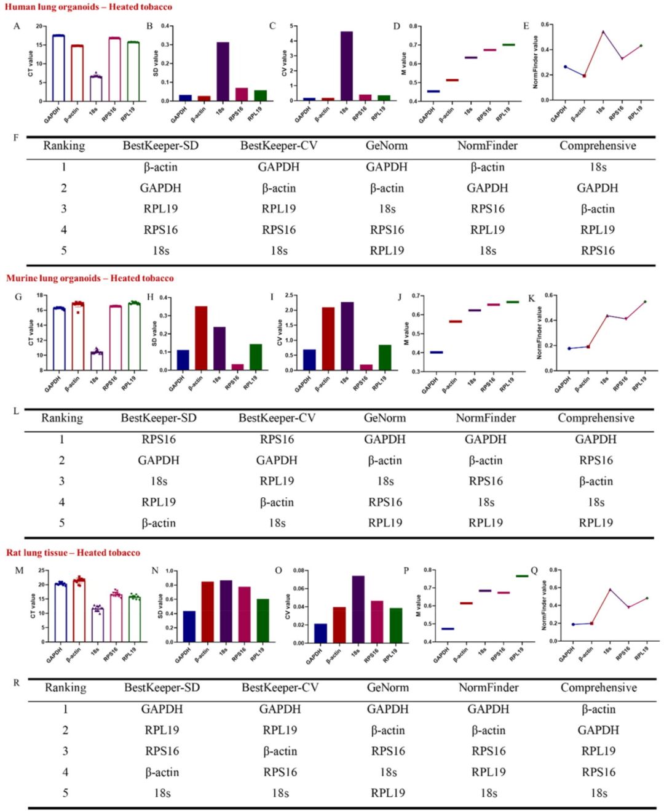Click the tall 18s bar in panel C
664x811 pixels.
point(347,66)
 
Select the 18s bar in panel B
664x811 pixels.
point(223,71)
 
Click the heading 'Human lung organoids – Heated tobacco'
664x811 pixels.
point(89,7)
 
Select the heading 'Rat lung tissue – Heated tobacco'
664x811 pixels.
point(73,553)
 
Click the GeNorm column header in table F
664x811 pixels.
point(387,146)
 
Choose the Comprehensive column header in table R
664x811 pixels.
point(598,688)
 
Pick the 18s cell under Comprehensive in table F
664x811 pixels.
point(598,167)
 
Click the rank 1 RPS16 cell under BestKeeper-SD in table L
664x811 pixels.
point(159,439)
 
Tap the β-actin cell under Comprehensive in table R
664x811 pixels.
point(598,709)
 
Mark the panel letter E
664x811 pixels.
point(526,26)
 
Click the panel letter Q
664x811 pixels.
point(534,570)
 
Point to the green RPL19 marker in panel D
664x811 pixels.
point(508,45)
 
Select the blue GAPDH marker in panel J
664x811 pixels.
point(437,353)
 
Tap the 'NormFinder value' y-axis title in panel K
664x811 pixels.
point(540,333)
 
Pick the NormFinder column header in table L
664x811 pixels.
point(486,418)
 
